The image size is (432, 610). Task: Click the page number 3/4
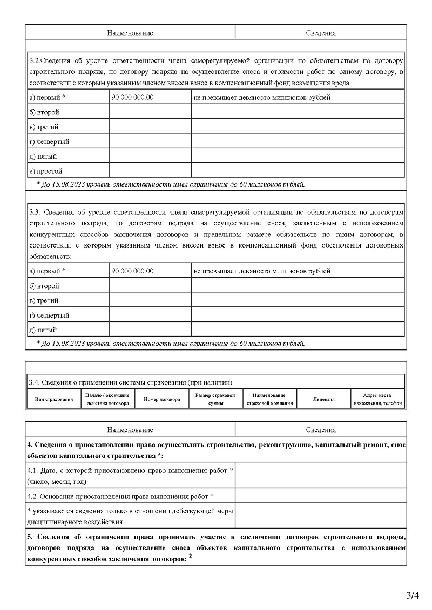coord(413,595)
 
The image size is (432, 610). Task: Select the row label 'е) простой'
coord(46,171)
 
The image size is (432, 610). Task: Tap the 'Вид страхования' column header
coord(54,399)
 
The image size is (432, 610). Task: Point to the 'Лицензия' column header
coord(324,399)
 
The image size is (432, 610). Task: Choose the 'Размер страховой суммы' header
coord(215,399)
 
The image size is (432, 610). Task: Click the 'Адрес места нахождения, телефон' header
coord(378,399)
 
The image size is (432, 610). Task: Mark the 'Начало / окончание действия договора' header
coord(107,399)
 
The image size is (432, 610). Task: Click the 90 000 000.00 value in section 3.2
coord(132,98)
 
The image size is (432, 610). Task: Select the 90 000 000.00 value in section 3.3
coord(132,271)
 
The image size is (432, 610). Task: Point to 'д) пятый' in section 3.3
coord(43,330)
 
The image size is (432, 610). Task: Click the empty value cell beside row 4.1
coord(321,475)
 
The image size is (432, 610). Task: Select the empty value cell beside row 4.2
coord(321,496)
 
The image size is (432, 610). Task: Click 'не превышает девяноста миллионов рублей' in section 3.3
coord(262,271)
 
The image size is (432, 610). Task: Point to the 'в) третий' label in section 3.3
coord(43,300)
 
